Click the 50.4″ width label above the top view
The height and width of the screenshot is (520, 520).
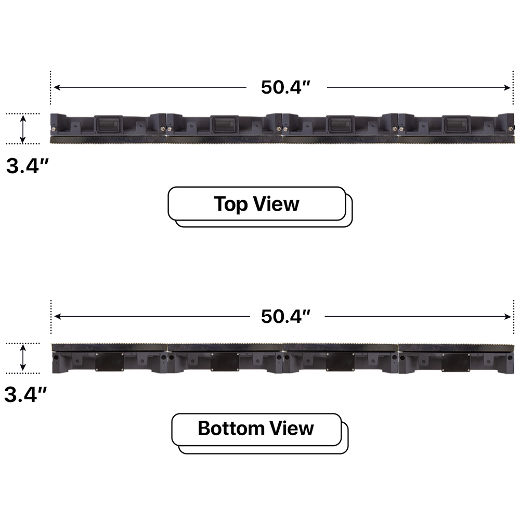click(285, 87)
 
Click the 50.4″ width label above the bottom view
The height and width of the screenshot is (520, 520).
click(285, 316)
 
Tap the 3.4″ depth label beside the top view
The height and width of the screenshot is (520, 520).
click(27, 166)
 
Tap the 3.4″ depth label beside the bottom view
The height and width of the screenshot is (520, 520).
click(25, 395)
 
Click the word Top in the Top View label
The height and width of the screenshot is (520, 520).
click(231, 204)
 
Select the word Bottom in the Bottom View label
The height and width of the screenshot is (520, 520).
click(230, 428)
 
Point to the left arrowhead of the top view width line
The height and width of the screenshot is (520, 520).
click(57, 87)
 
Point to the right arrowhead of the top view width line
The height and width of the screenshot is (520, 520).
click(508, 87)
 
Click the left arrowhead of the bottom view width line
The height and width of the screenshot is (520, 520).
click(57, 316)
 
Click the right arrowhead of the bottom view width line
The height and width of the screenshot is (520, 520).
click(508, 317)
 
